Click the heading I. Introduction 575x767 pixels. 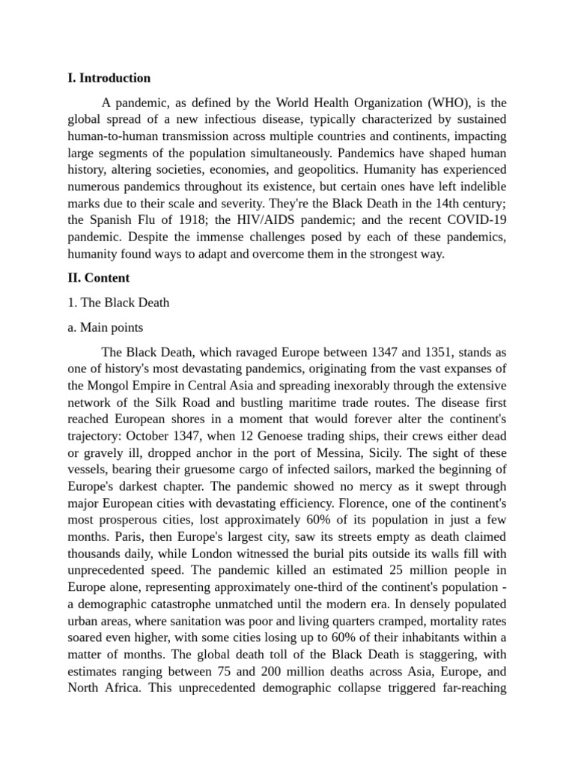[x=109, y=78]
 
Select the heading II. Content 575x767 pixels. [x=98, y=278]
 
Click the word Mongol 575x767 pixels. [x=112, y=385]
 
